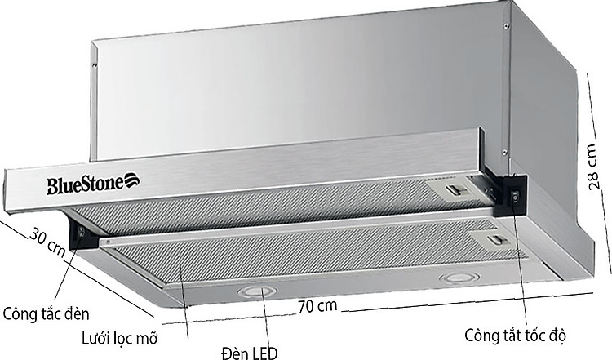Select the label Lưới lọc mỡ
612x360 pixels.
pos(118,336)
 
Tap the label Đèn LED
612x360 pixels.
pos(249,351)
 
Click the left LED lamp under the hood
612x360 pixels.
pos(255,291)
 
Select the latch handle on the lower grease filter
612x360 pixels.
pos(495,240)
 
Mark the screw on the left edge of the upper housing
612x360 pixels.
pos(95,63)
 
